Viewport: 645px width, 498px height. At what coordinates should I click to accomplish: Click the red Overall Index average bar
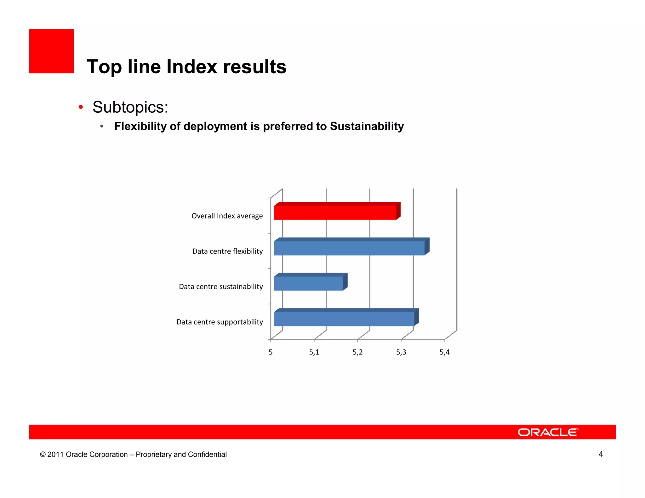(x=335, y=212)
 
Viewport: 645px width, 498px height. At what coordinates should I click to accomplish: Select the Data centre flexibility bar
(x=349, y=248)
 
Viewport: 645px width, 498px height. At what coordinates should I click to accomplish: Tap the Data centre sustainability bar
(x=308, y=283)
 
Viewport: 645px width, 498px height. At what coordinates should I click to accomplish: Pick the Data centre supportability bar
(x=344, y=319)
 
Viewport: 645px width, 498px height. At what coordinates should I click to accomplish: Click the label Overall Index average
(x=227, y=216)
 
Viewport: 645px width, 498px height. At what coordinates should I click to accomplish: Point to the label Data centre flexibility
(x=227, y=251)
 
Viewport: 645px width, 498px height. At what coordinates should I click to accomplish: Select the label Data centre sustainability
(x=221, y=286)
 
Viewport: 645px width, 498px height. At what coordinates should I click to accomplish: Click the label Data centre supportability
(x=220, y=322)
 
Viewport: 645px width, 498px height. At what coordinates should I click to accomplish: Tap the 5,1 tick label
(x=314, y=352)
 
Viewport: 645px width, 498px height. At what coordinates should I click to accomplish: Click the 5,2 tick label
(x=357, y=352)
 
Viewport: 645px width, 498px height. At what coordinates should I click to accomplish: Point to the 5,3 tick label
(x=401, y=352)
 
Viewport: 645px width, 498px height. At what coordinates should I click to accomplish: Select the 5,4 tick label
(x=444, y=352)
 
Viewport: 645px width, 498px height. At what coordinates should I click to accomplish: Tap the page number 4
(x=601, y=454)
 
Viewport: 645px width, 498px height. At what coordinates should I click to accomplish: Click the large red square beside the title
(x=51, y=51)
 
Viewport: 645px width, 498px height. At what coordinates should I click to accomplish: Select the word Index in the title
(x=191, y=67)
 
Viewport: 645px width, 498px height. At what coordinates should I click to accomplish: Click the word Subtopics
(x=130, y=107)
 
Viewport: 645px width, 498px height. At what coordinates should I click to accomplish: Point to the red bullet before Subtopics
(x=81, y=107)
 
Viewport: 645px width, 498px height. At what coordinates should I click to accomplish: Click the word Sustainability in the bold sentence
(x=367, y=126)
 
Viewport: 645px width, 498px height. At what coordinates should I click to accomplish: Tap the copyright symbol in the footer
(x=43, y=455)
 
